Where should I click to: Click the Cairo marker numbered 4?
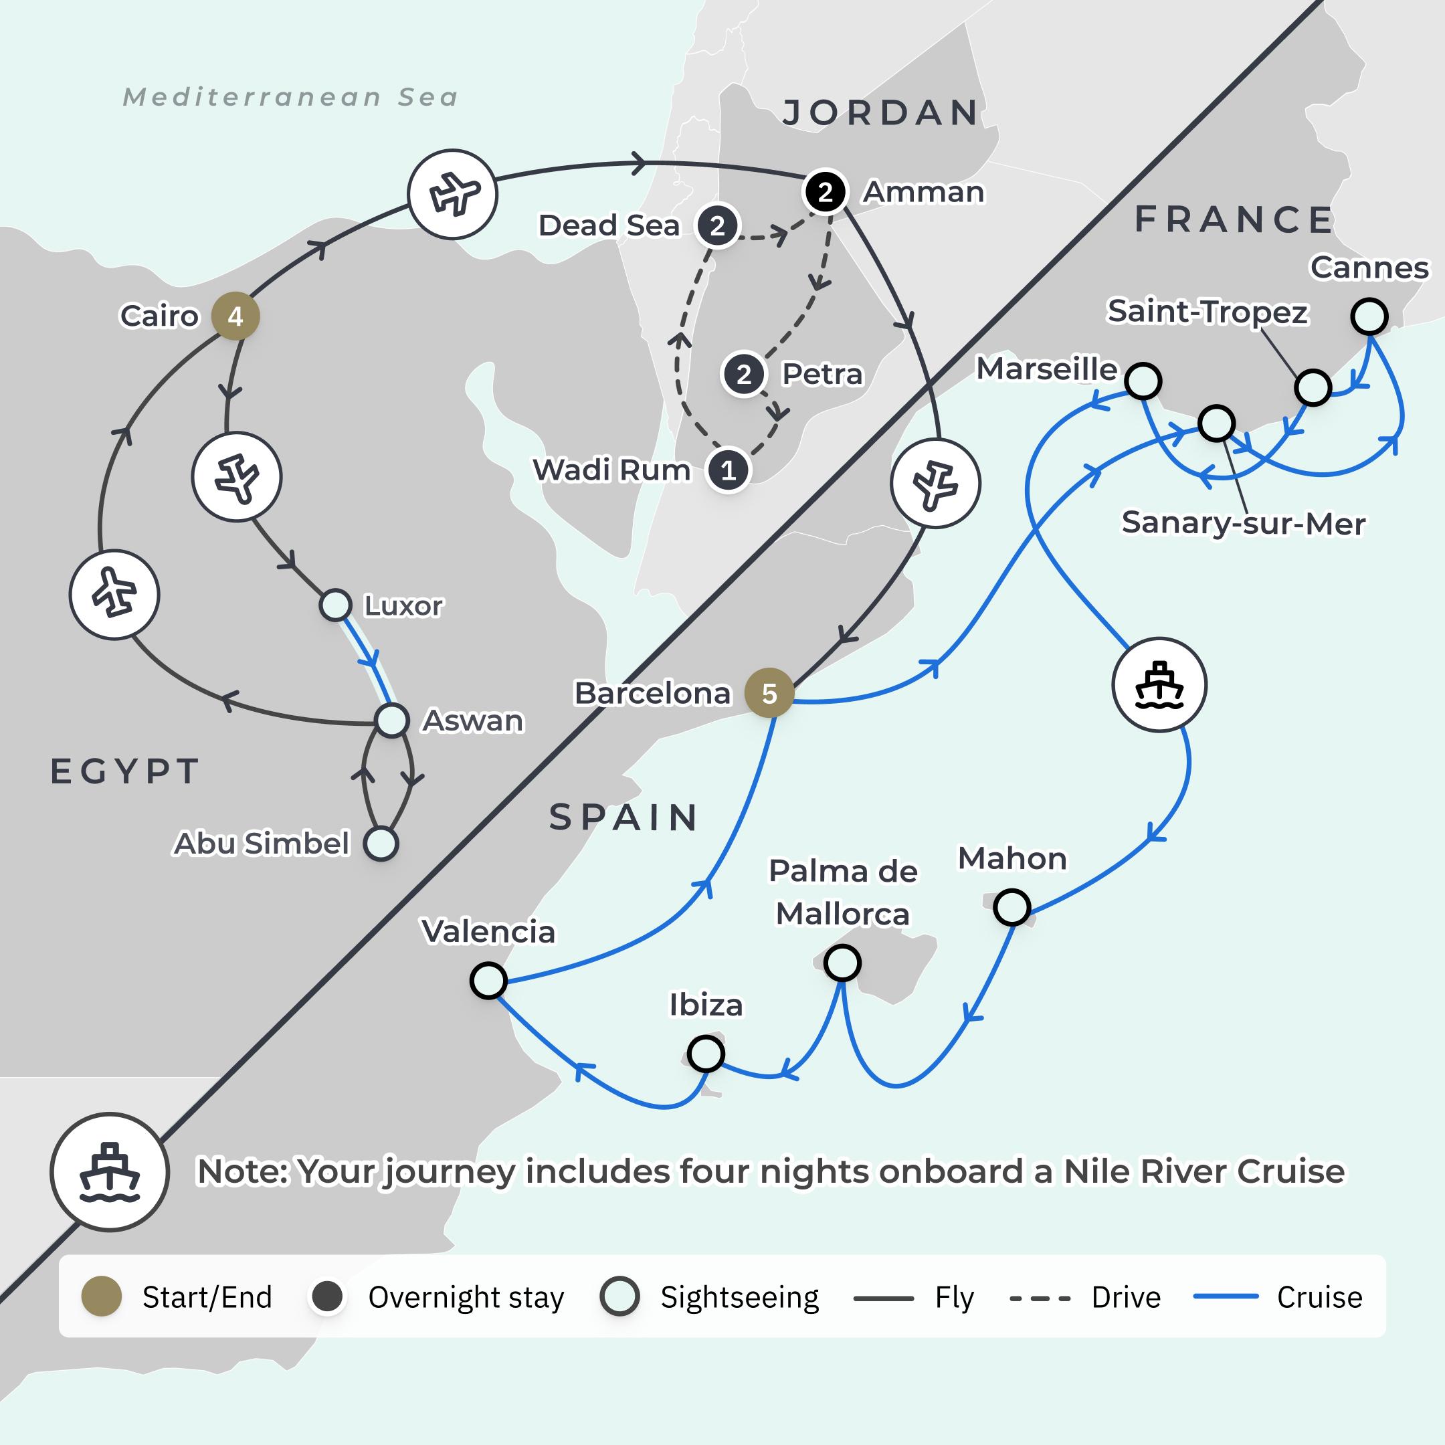point(235,316)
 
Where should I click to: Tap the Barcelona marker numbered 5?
point(769,693)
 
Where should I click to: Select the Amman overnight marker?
point(825,192)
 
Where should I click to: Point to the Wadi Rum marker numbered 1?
point(729,470)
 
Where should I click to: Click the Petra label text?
point(822,374)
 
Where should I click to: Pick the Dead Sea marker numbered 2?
point(717,225)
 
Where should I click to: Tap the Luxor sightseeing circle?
point(336,605)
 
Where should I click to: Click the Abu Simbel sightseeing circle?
point(381,844)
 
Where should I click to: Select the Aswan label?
point(473,720)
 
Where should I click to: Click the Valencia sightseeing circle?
point(488,981)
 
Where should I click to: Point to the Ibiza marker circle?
point(705,1054)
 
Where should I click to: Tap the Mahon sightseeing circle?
point(1012,907)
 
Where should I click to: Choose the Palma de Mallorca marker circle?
point(842,963)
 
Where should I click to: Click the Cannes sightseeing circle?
point(1369,316)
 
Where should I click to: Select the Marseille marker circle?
point(1143,381)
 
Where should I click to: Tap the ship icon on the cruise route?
point(1159,684)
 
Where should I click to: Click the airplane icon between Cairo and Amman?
point(452,195)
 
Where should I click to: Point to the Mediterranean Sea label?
point(290,97)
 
